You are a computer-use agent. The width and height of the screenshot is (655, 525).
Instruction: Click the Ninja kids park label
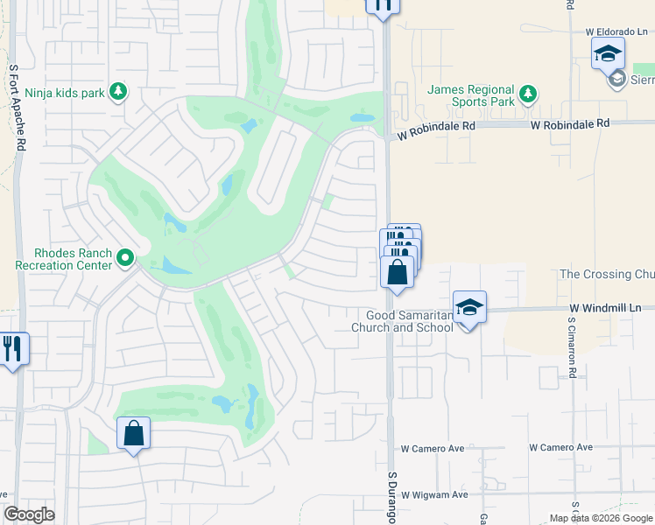[65, 92]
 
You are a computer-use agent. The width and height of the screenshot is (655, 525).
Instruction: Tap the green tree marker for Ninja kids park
[118, 92]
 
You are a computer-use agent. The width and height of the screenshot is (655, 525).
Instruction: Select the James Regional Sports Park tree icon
[526, 93]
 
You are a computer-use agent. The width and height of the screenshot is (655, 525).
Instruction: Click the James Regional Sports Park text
[470, 95]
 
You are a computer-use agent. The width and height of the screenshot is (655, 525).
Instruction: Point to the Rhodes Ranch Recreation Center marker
[125, 257]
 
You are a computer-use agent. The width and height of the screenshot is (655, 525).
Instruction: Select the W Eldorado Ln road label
[616, 31]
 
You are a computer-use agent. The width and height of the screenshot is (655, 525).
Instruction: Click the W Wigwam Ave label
[434, 494]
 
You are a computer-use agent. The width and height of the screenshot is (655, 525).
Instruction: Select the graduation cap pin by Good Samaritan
[469, 308]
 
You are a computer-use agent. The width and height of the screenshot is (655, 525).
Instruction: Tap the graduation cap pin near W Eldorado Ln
[608, 54]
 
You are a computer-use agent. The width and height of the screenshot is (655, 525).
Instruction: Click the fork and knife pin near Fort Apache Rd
[13, 348]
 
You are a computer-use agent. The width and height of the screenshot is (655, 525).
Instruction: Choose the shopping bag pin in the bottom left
[133, 433]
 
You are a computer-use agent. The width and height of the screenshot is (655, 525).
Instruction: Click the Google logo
[29, 514]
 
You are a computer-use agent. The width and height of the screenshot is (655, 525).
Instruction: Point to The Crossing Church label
[607, 274]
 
